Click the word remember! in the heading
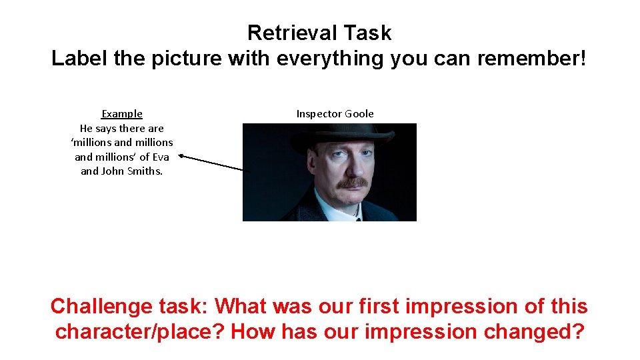pos(531,59)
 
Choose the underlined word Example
pos(122,114)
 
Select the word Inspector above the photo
pos(319,114)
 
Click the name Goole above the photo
pos(359,114)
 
